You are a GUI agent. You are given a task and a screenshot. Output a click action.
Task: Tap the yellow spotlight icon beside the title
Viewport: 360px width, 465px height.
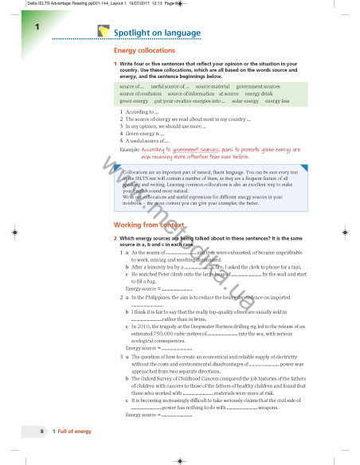tap(104, 30)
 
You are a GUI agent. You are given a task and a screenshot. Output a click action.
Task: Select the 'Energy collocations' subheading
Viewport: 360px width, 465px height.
tap(145, 50)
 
